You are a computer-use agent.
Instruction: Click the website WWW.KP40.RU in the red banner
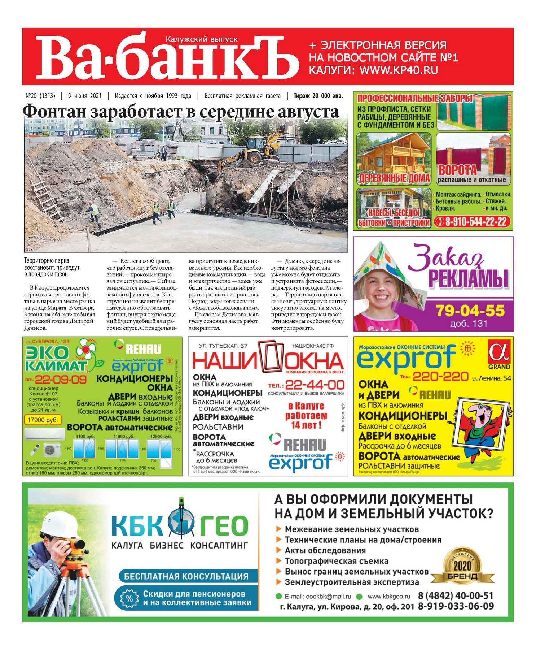[x=399, y=70]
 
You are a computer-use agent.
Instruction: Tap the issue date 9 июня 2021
[x=85, y=96]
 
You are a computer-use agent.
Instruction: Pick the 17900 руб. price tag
[x=43, y=420]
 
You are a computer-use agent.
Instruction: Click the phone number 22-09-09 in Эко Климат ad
[x=61, y=379]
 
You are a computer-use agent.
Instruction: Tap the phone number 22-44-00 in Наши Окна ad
[x=314, y=385]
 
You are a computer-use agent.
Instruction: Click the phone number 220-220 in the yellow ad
[x=440, y=377]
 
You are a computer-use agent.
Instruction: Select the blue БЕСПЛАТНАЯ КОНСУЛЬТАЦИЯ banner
[x=186, y=576]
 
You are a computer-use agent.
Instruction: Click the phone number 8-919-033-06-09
[x=456, y=606]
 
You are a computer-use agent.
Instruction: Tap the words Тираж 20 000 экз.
[x=318, y=96]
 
